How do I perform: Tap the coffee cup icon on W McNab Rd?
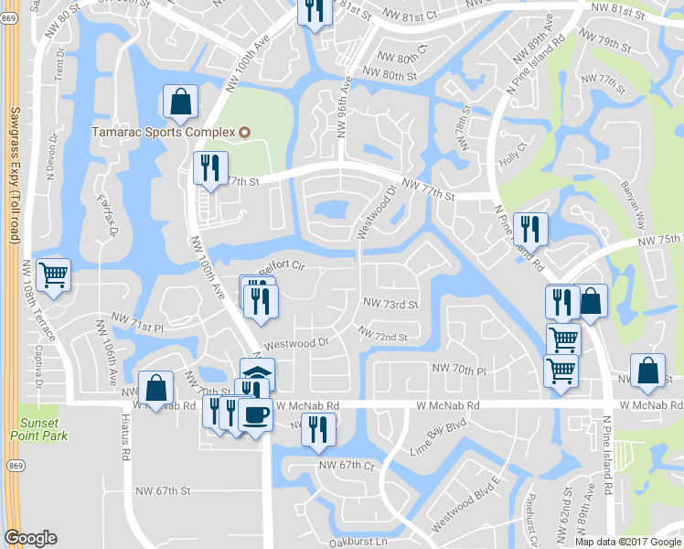pos(255,414)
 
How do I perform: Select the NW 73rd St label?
pos(390,304)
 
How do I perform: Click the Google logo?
pos(30,538)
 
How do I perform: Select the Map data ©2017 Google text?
pos(628,542)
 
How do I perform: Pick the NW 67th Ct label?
pos(347,466)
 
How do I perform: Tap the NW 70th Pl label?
pos(457,369)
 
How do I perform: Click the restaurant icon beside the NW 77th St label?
pos(210,167)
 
